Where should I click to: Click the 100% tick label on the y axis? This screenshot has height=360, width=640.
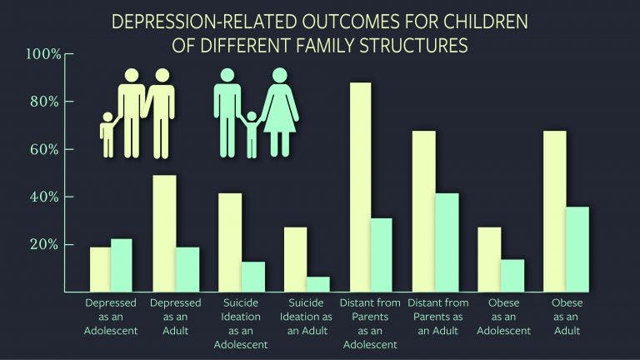click(x=43, y=54)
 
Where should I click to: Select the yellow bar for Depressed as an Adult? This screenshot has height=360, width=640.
click(x=164, y=233)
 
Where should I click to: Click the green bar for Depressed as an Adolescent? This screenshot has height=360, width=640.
click(x=122, y=265)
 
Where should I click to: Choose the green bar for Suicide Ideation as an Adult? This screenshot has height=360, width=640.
click(x=317, y=284)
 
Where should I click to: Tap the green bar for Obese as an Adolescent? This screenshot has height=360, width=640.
click(x=512, y=276)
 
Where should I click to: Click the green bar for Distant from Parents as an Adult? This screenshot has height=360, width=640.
click(x=447, y=242)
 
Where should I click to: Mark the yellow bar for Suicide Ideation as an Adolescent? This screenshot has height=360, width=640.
click(x=230, y=242)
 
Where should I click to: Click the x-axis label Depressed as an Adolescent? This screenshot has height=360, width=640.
click(x=111, y=317)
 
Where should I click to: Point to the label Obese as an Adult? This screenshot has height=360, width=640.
click(x=567, y=317)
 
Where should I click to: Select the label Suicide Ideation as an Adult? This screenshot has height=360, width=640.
click(x=306, y=317)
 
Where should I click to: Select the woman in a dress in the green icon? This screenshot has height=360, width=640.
click(x=280, y=108)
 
